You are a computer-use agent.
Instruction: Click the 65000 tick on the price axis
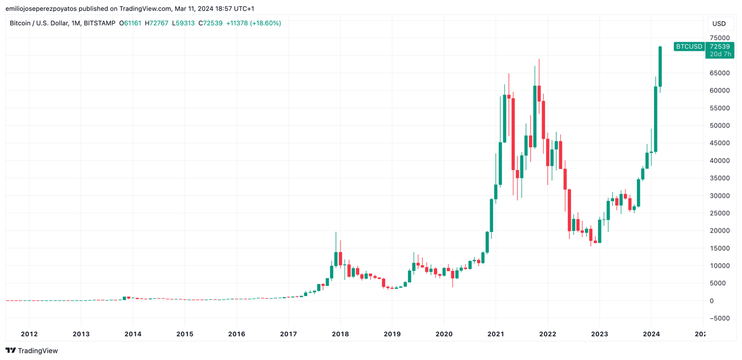(x=719, y=73)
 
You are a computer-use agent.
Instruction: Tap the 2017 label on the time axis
(x=288, y=334)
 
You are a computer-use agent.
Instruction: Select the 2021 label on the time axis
(x=496, y=334)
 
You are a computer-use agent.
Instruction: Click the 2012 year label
(x=29, y=334)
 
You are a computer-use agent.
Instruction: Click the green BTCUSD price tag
(x=689, y=47)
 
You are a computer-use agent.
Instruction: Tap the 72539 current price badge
(x=720, y=47)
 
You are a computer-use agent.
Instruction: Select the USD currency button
(x=719, y=23)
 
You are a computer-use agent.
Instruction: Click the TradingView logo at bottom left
(x=32, y=350)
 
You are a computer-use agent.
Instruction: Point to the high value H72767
(x=157, y=23)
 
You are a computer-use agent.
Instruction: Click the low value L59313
(x=183, y=23)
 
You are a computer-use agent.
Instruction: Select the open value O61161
(x=130, y=23)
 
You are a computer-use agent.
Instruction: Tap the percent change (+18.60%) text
(x=266, y=23)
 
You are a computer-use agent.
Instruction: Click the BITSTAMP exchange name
(x=99, y=23)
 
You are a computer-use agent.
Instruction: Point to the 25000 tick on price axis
(x=719, y=213)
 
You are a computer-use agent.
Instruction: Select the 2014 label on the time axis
(x=133, y=334)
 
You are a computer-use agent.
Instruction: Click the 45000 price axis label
(x=719, y=143)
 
